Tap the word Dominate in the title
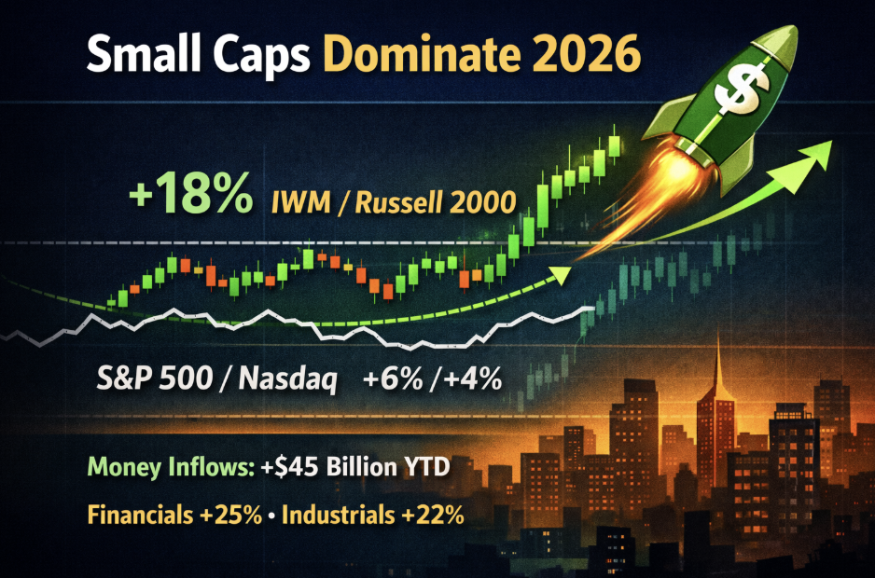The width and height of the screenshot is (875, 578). tap(422, 54)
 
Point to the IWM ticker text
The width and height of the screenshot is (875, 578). tap(300, 202)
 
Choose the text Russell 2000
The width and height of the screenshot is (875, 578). tap(436, 202)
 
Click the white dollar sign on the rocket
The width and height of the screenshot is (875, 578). tap(741, 89)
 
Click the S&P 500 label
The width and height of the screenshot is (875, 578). tap(155, 378)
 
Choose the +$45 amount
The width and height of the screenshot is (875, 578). tap(290, 466)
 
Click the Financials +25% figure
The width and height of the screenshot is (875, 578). tap(175, 515)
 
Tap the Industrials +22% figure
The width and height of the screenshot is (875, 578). tap(373, 515)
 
